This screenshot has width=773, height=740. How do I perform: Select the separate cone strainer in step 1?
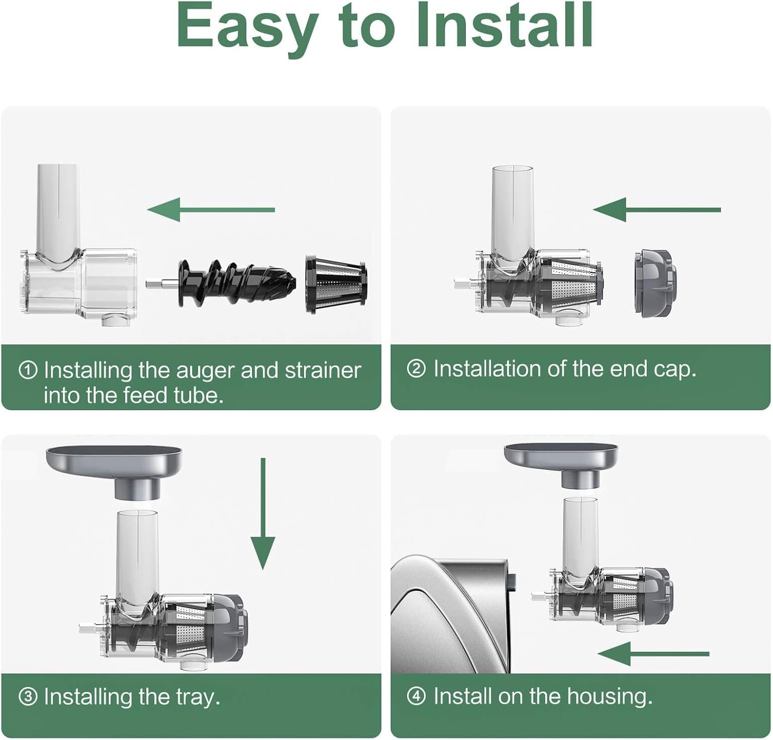coord(336,284)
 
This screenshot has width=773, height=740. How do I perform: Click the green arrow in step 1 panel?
coord(211,210)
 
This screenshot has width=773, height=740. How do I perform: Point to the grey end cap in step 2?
coord(654,283)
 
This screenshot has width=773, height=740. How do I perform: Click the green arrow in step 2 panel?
coord(657,210)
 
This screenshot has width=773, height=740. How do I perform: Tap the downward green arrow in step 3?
coord(263,513)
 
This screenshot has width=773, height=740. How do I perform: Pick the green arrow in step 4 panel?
coord(653,654)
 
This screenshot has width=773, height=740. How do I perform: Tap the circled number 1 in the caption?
coord(28,370)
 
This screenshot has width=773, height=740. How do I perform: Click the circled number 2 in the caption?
coord(416,369)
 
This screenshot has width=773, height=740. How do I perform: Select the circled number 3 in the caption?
coord(28,697)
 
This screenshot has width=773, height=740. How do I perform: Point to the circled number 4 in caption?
coord(416,697)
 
